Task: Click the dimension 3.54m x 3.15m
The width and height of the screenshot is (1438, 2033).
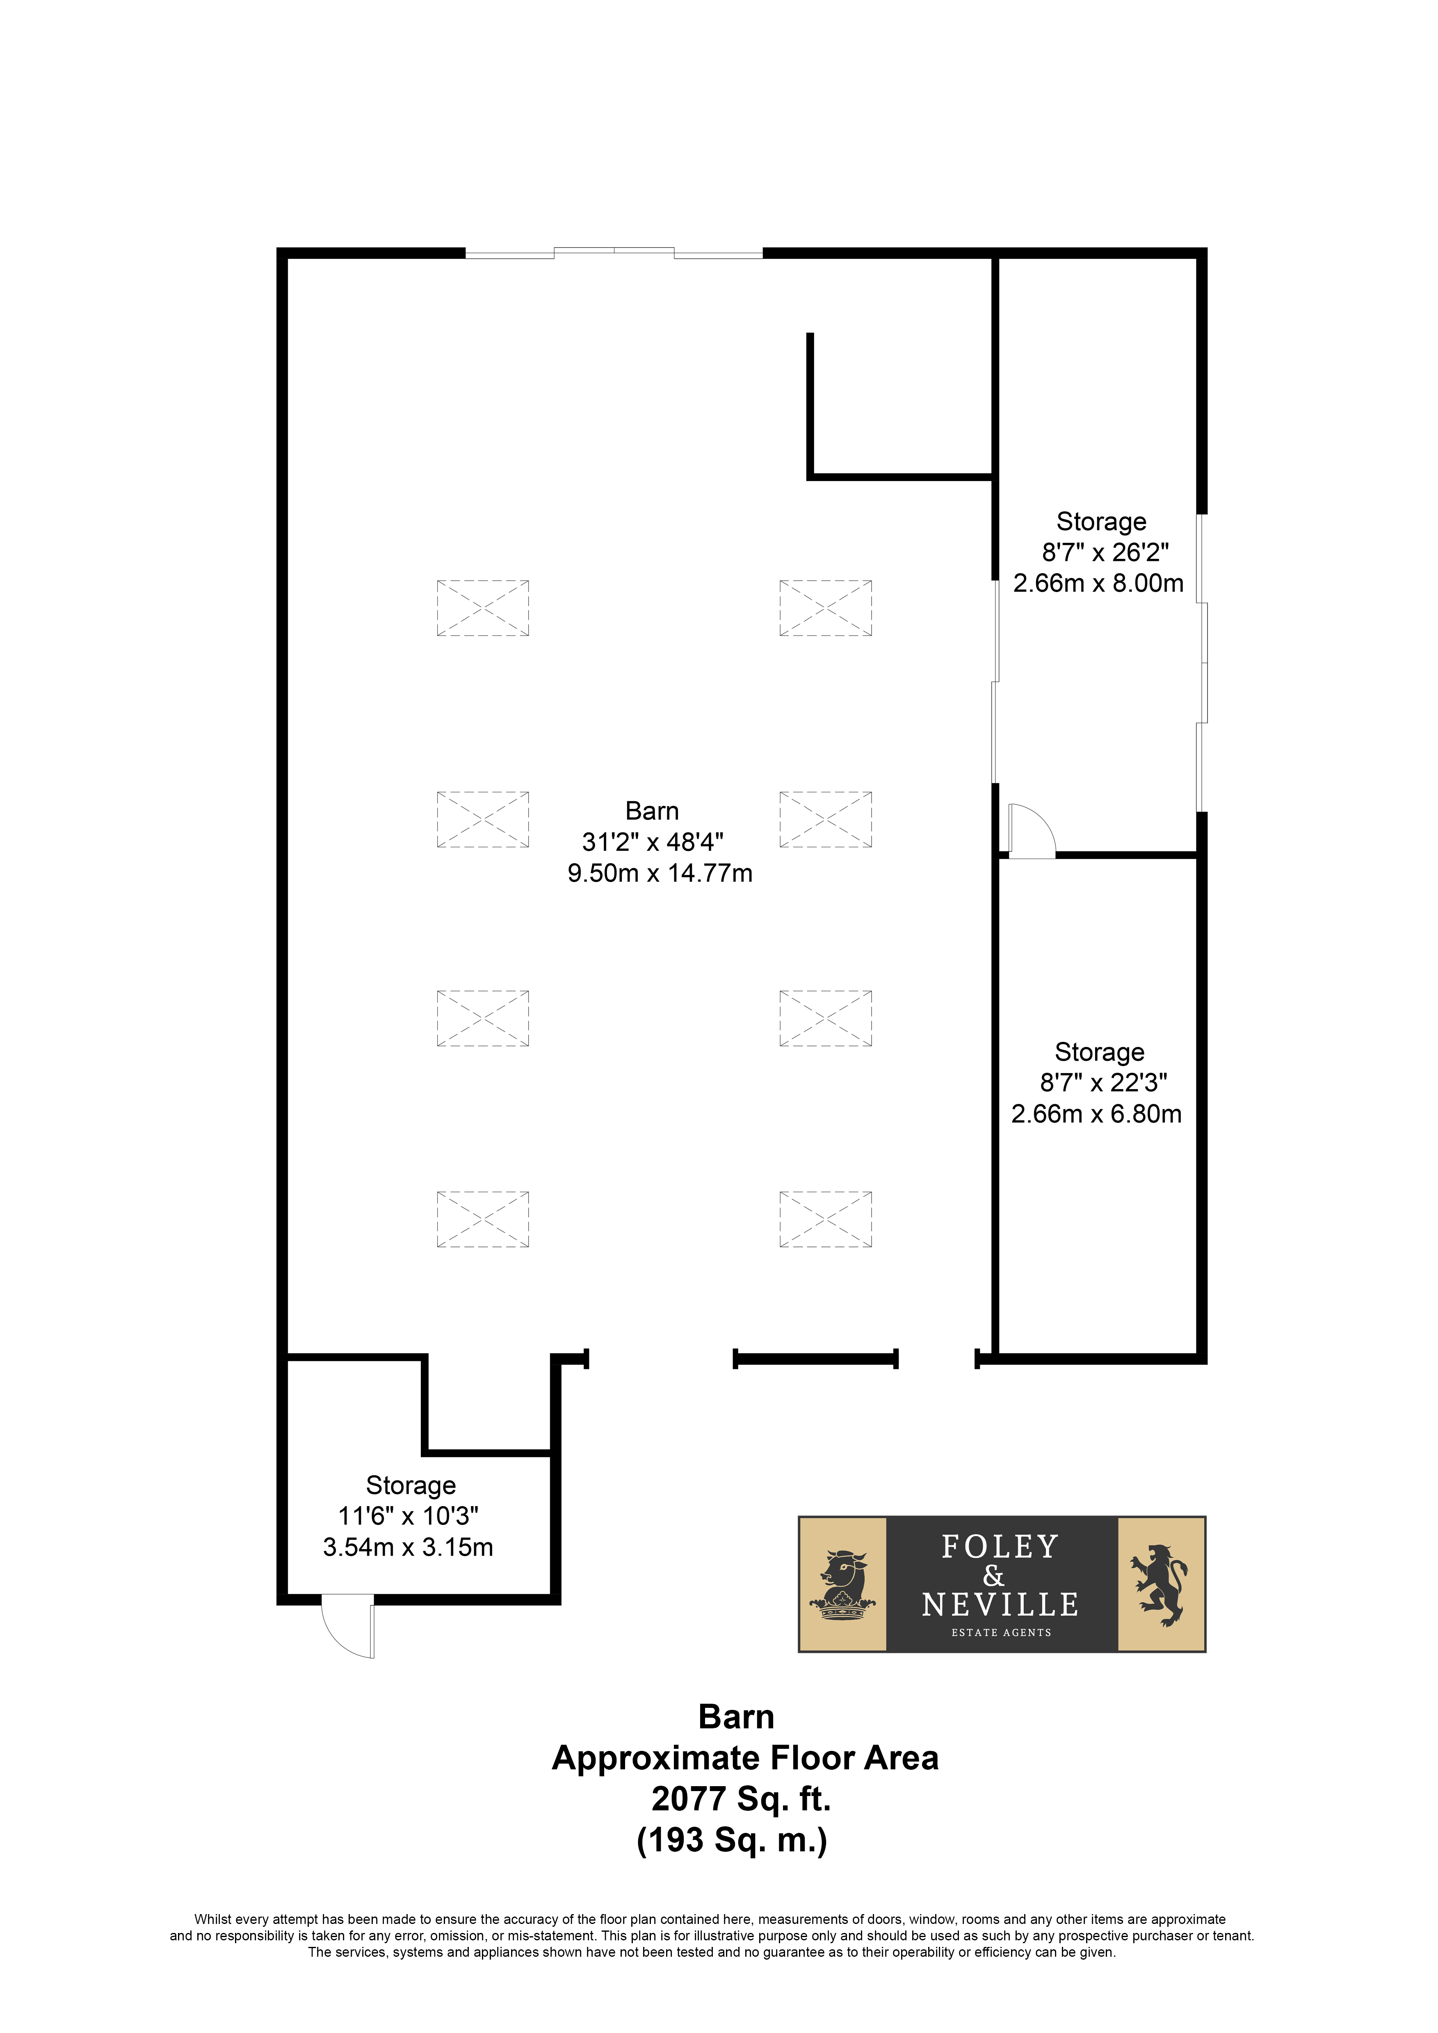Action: (x=408, y=1547)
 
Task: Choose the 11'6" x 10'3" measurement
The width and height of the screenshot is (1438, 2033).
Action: (x=408, y=1516)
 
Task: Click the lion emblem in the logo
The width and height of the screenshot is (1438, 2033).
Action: (x=1161, y=1585)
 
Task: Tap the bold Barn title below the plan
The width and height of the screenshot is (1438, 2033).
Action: (x=736, y=1717)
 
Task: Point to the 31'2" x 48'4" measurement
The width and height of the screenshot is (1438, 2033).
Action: (x=653, y=842)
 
